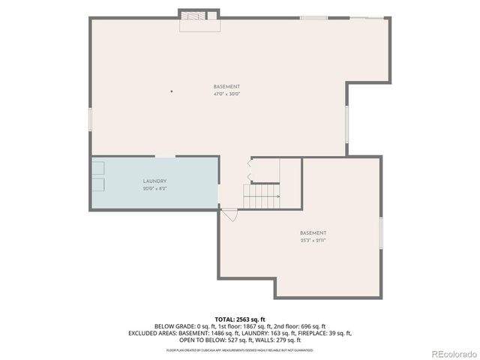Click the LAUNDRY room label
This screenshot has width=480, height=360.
(154, 181)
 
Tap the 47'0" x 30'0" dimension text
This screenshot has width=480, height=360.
(226, 94)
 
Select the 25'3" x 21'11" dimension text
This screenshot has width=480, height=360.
(313, 240)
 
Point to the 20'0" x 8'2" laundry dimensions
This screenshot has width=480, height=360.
(154, 188)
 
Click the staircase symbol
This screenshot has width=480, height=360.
(262, 196)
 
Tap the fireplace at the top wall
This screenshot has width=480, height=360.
(199, 19)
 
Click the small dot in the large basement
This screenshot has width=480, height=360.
(171, 91)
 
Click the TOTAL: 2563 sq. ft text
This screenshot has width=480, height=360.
(240, 319)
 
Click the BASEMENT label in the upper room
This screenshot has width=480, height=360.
(226, 87)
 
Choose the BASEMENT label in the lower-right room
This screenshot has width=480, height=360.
(313, 233)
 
